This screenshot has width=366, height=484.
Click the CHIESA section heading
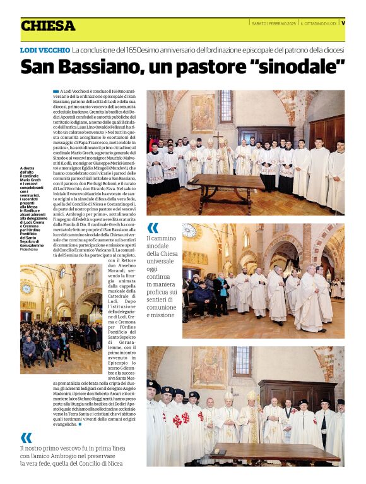(48, 26)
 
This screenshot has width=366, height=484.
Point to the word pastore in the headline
(210, 66)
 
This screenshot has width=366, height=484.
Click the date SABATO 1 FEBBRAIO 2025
(274, 23)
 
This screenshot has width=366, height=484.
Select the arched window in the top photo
(225, 106)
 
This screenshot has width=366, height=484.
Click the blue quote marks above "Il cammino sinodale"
(153, 228)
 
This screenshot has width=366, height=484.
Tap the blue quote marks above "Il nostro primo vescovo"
(26, 437)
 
